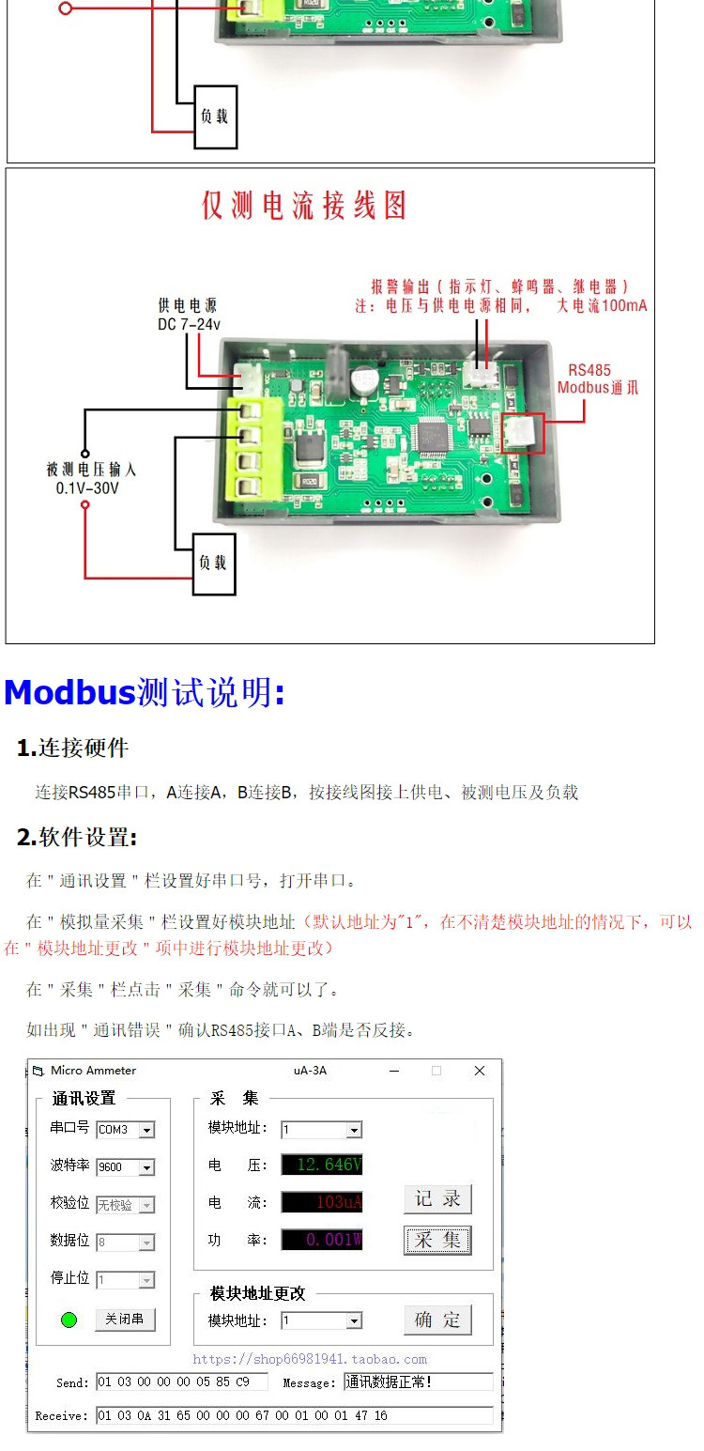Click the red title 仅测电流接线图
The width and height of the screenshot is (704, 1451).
[x=304, y=206]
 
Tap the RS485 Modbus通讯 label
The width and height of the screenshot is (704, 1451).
[x=597, y=378]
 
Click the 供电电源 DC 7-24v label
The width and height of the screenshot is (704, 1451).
[x=188, y=316]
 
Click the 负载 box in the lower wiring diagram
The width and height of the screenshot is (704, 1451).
[x=214, y=563]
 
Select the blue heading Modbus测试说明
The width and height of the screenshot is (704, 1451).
[x=144, y=693]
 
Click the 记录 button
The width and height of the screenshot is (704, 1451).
[x=437, y=1199]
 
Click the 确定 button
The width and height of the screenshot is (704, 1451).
[x=437, y=1320]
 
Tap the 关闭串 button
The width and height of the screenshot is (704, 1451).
[x=125, y=1320]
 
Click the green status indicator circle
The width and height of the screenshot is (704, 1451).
[x=69, y=1320]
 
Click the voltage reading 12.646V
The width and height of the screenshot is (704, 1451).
[x=322, y=1165]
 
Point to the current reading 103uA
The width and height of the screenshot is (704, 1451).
[x=322, y=1202]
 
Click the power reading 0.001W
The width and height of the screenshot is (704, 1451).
[x=322, y=1240]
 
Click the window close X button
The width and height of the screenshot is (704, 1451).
[x=480, y=1071]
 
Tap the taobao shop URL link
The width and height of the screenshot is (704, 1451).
[x=310, y=1359]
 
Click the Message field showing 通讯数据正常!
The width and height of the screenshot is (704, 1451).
[x=418, y=1382]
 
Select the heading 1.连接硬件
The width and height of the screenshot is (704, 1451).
[x=73, y=749]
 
